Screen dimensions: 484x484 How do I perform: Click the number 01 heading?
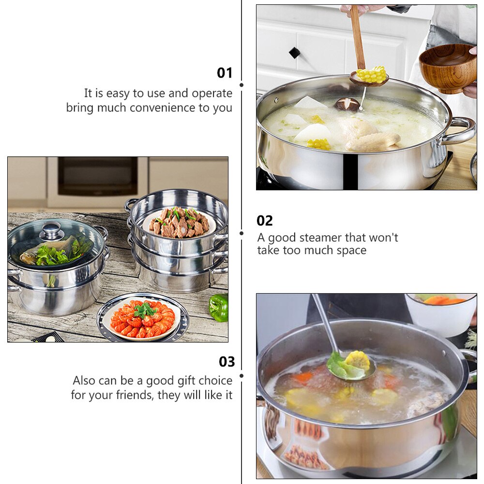[225, 73]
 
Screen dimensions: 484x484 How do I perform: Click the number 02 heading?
[265, 221]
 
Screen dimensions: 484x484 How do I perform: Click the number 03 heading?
[227, 362]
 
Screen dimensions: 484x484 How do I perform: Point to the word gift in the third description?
[181, 380]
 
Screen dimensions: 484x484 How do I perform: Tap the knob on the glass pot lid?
[52, 230]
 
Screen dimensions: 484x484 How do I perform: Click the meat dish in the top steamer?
[179, 223]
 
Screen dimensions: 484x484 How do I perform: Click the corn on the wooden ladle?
[372, 75]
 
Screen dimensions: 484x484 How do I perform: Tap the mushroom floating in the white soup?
[348, 104]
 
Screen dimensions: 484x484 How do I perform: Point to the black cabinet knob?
[294, 52]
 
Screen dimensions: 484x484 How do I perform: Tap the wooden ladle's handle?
[357, 36]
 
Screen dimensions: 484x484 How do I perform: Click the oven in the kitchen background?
[97, 177]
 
